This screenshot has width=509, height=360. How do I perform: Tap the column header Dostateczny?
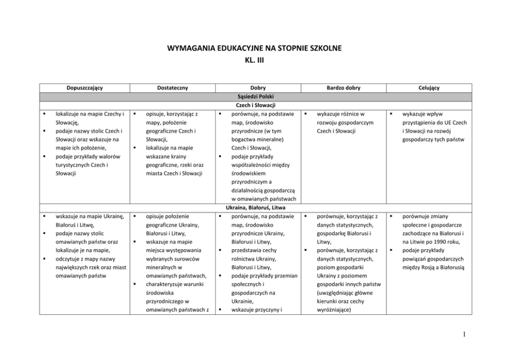tap(170, 88)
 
